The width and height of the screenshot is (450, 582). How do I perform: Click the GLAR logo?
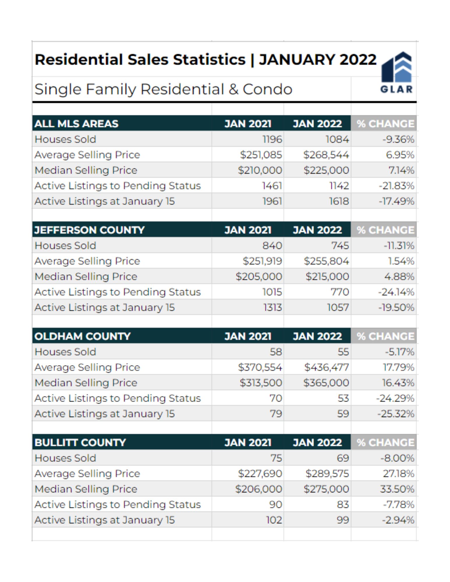click(396, 72)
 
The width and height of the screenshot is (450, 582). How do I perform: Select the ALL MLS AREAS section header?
click(76, 124)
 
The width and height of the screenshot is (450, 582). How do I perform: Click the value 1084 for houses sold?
click(337, 139)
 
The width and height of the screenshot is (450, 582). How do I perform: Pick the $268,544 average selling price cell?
click(326, 155)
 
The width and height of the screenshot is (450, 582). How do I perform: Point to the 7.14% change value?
click(401, 170)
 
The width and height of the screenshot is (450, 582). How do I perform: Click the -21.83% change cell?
click(396, 186)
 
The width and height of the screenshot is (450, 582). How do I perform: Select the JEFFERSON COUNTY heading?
click(89, 230)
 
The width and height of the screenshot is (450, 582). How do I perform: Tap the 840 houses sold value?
click(272, 246)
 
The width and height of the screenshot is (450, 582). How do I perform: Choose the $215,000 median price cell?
click(327, 276)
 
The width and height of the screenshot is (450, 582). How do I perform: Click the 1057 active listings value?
click(338, 307)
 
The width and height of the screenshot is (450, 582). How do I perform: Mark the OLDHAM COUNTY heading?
click(82, 336)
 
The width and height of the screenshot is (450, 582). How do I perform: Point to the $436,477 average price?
click(327, 367)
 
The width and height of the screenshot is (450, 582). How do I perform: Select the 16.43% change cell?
click(398, 383)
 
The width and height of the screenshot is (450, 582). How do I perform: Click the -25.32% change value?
click(396, 414)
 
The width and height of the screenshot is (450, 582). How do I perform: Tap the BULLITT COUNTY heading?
click(80, 442)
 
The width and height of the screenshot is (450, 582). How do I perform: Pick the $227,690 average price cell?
click(260, 473)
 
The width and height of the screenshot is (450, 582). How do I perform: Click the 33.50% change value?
click(397, 489)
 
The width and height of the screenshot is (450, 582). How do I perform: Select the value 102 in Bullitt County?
click(274, 520)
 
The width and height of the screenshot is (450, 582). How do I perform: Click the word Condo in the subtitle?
click(267, 89)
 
